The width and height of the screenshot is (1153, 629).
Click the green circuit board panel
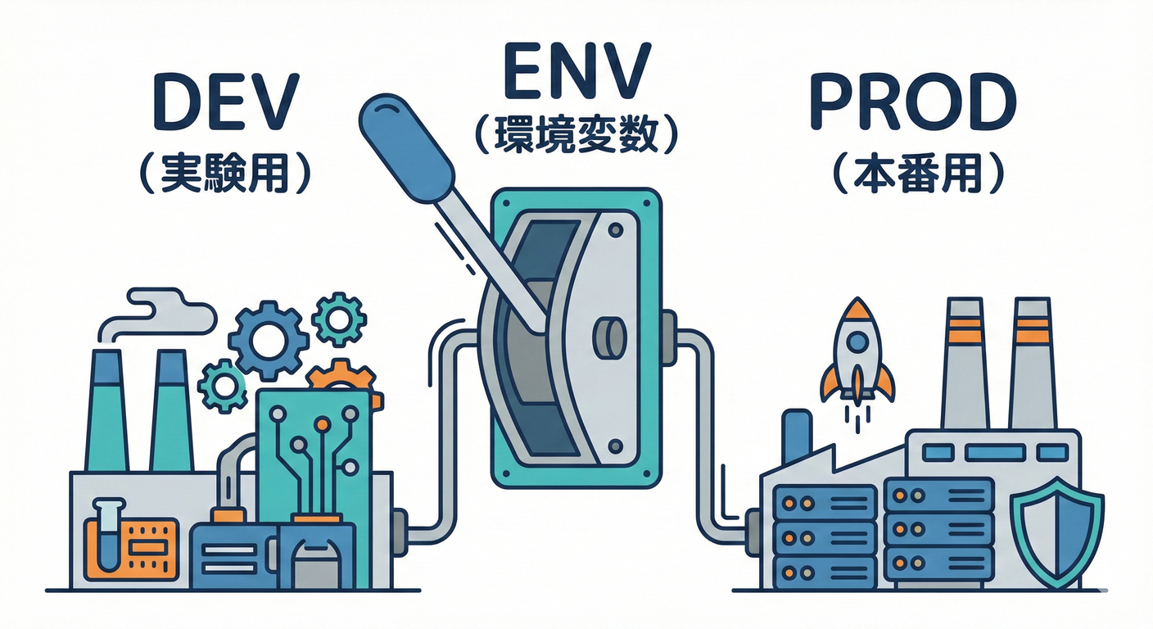[x=315, y=459]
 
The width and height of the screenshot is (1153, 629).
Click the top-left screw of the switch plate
[x=506, y=202]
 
